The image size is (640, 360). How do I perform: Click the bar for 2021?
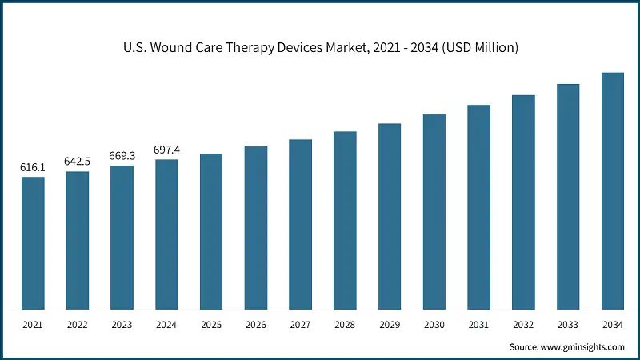33,243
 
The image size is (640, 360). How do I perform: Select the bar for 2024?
166,234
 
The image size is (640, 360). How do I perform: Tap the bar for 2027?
301,225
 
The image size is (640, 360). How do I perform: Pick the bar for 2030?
434,212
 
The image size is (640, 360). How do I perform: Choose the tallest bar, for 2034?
613,191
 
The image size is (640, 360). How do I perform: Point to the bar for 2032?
523,202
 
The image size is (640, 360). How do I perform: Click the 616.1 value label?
33,168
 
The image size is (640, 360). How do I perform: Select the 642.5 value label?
78,162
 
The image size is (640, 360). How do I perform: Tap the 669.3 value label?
122,156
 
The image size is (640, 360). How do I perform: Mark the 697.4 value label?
166,150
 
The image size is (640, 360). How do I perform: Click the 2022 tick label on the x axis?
78,326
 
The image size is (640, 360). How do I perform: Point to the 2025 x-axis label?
211,326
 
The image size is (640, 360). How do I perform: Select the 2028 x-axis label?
345,326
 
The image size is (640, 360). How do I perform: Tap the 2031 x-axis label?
478,326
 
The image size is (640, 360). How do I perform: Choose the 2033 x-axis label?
568,326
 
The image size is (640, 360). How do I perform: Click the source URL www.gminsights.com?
581,347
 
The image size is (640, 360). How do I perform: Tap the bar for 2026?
256,228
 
